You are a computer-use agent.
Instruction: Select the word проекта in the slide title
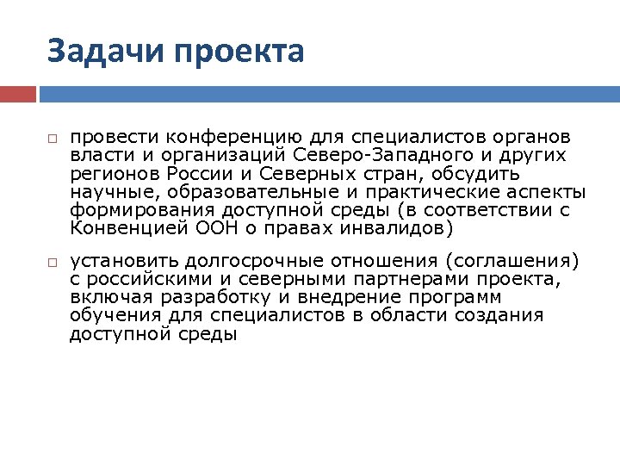239,53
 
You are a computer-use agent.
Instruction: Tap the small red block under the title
18,93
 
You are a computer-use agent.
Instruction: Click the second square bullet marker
52,261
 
